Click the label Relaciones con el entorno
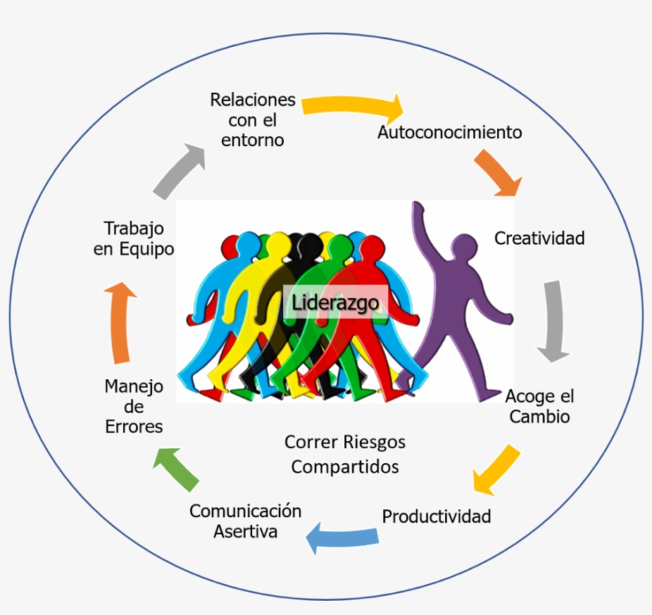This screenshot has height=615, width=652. (252, 120)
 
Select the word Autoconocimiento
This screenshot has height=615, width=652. (449, 132)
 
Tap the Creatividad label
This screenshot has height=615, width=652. (539, 238)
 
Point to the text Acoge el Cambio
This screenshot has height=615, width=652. (539, 406)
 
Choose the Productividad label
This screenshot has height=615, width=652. (437, 516)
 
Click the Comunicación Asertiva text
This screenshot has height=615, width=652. (245, 521)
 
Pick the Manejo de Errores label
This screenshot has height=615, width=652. (134, 406)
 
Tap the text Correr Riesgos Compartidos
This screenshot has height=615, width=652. (344, 454)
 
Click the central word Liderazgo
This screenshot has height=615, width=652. (335, 303)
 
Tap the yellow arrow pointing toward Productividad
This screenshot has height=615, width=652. (498, 468)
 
